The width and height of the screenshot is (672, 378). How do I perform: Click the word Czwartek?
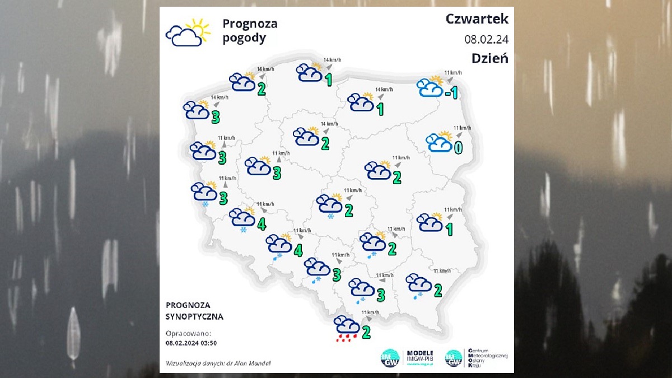(477, 19)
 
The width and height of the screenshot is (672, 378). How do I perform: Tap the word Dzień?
(489, 58)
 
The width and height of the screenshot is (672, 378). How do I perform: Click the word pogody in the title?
(244, 39)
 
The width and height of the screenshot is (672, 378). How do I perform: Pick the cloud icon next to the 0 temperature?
(439, 142)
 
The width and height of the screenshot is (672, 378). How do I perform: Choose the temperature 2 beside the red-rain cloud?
(366, 332)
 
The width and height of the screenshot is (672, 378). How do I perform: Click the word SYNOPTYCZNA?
(194, 316)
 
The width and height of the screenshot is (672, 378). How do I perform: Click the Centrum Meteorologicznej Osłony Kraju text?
(483, 357)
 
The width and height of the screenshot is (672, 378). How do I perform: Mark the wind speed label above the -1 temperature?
(452, 73)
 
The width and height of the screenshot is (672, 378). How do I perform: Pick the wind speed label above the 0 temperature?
(463, 128)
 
